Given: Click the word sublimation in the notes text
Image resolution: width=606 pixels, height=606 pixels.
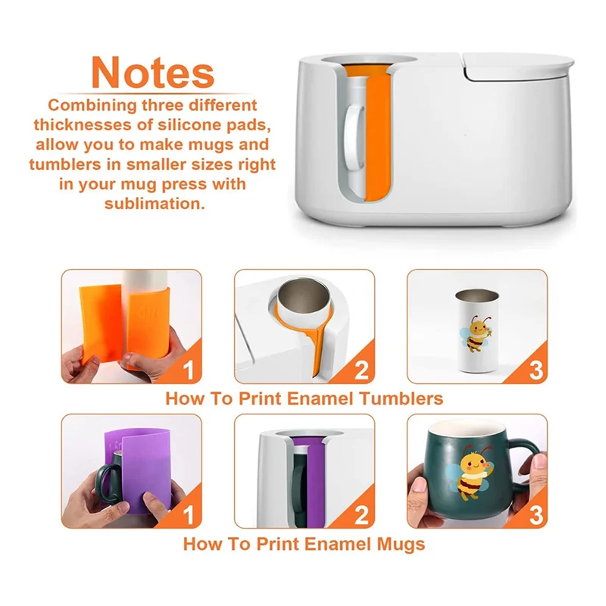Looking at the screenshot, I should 154,204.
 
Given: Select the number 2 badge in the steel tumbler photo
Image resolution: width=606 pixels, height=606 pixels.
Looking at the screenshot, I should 361,370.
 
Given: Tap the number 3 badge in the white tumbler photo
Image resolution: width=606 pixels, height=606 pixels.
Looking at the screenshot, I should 536,370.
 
